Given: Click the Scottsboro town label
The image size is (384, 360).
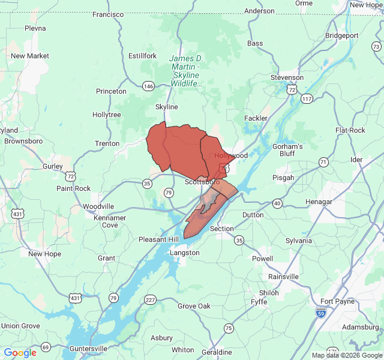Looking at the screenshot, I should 202,182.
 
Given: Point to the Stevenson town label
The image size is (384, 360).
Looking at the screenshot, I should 287,77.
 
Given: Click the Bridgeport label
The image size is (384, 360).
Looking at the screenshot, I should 341,35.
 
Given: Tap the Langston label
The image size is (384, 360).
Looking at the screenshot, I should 185,253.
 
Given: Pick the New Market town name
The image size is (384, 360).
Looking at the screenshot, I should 29,56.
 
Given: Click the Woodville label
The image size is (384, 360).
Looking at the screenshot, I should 98,206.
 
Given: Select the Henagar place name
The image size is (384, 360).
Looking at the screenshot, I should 319,202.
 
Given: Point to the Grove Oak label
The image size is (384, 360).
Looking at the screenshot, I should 194,306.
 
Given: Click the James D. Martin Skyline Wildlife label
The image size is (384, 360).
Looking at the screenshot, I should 186,71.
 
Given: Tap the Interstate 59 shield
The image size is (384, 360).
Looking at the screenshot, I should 321,312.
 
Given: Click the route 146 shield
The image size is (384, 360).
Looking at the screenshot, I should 149,86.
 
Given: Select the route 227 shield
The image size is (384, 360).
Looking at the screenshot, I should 150,299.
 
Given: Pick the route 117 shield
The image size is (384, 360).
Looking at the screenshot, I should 307,98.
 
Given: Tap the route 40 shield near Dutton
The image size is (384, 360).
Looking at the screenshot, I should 277,204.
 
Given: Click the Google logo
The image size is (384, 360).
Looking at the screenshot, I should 20,352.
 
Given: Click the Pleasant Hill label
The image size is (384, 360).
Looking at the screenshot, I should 159,239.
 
